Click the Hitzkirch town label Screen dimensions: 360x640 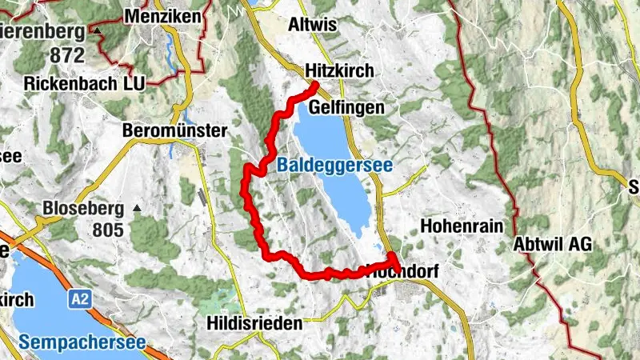coord(340,71)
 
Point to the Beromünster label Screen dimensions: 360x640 coord(175,130)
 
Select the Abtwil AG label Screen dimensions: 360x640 coord(553,245)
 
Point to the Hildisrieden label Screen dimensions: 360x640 coord(254,324)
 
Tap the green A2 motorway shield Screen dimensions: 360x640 coord(79,299)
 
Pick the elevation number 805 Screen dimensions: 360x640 coord(107,230)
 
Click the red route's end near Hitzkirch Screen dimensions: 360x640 coord(315,86)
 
